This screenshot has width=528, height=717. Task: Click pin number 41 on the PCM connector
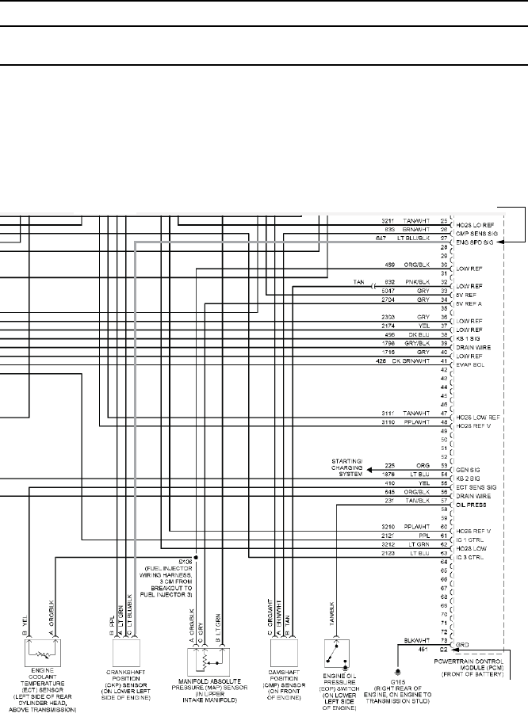click(442, 361)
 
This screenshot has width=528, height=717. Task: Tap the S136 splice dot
click(195, 557)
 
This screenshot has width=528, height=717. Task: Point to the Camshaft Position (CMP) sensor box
click(285, 654)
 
